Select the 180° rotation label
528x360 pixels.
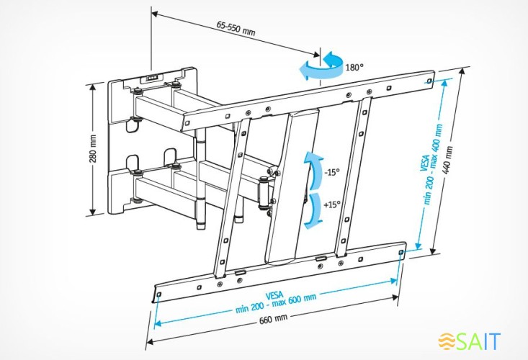354,66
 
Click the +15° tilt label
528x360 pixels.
331,204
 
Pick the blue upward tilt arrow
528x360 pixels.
311,168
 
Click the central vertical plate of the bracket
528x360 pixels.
292,187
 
